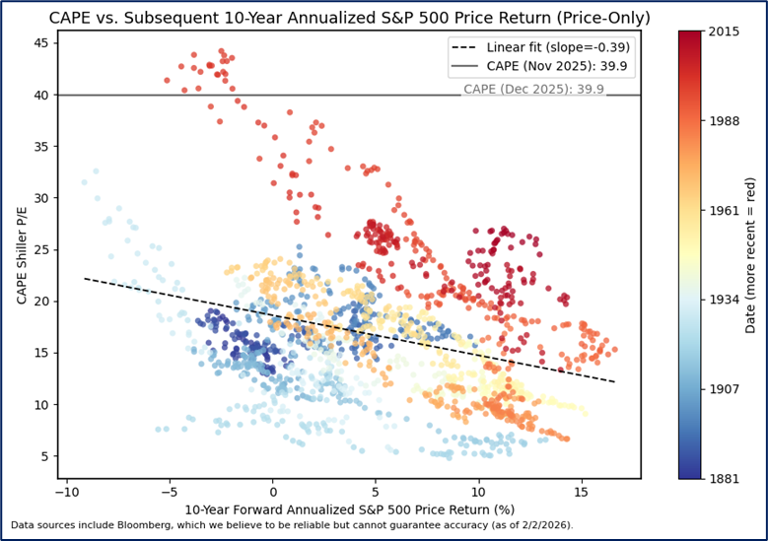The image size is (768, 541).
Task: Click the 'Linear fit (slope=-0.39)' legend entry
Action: (x=558, y=47)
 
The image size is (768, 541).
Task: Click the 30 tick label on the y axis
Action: (x=41, y=198)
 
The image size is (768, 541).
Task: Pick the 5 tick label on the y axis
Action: (x=45, y=455)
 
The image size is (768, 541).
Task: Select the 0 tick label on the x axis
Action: (x=273, y=492)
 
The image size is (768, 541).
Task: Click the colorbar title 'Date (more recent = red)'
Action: (x=751, y=255)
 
